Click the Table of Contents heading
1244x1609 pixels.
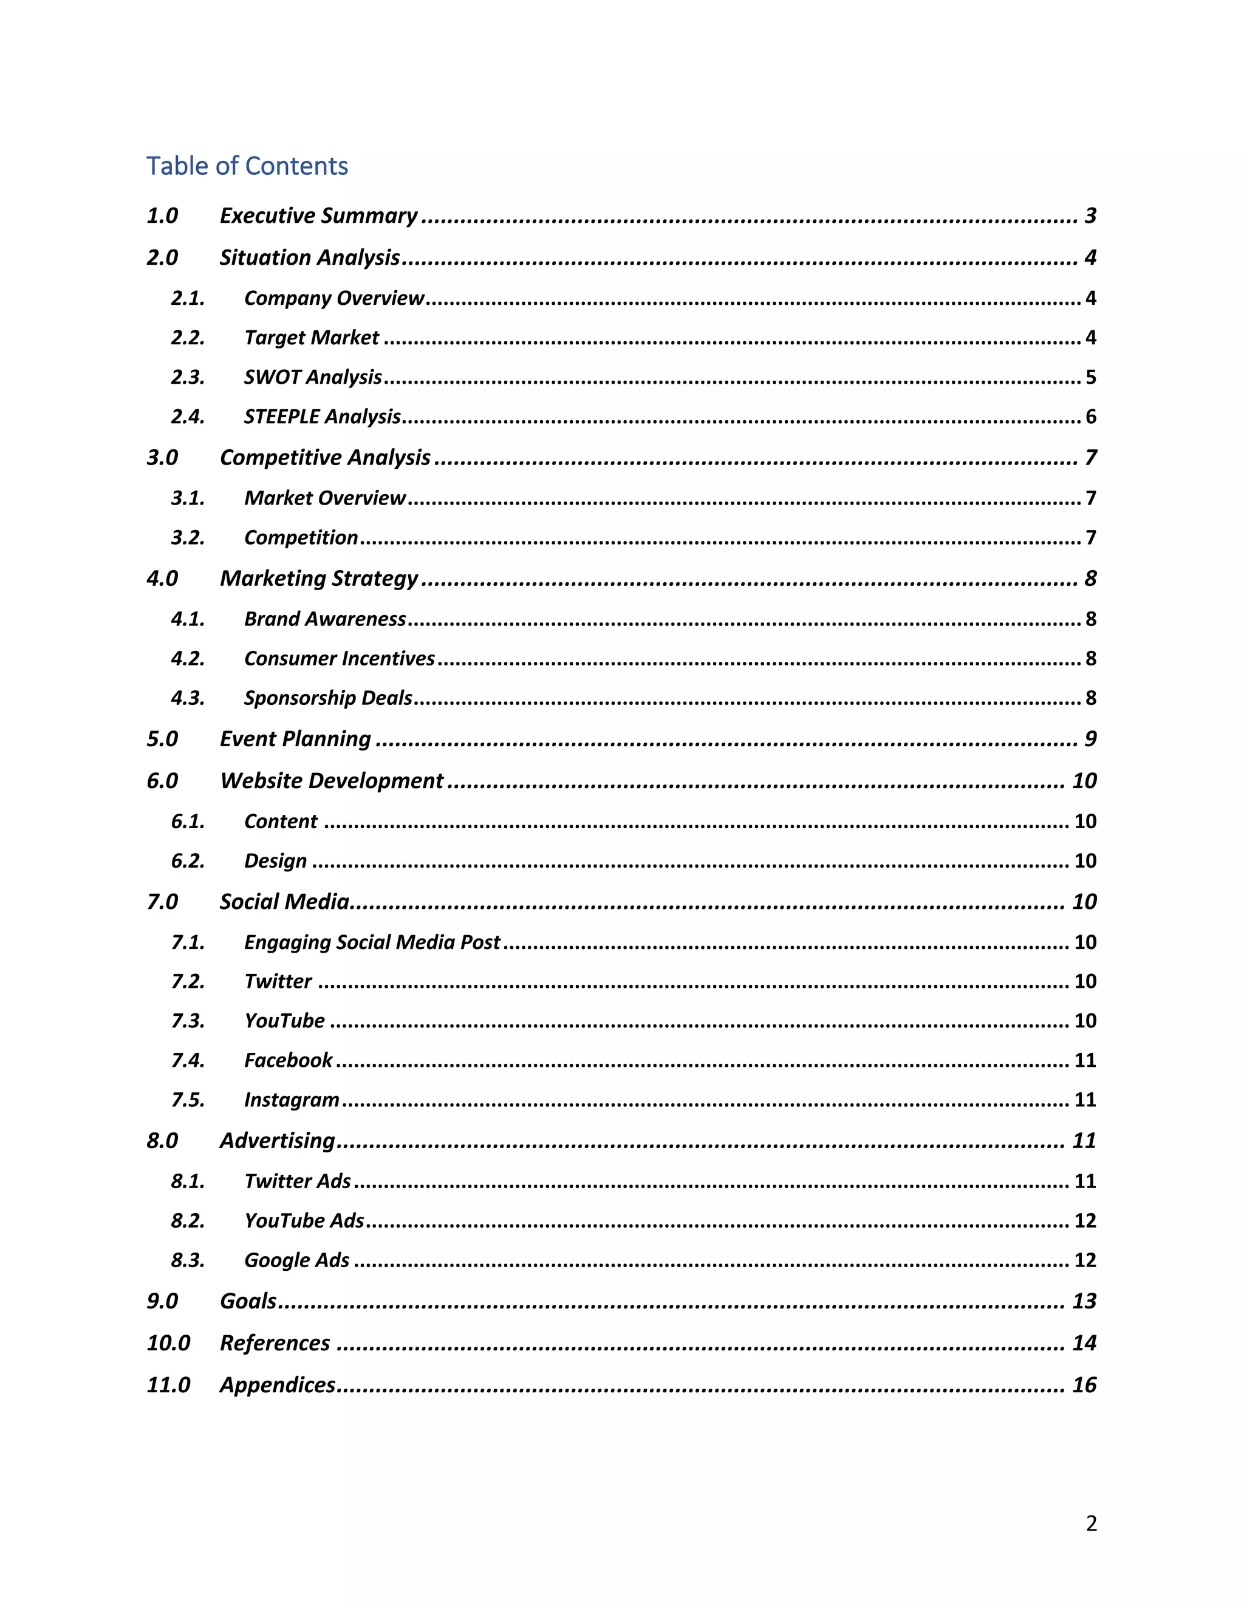point(247,166)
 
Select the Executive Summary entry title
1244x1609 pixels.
point(318,215)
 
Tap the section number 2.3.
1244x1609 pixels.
point(187,377)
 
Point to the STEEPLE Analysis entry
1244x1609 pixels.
point(322,417)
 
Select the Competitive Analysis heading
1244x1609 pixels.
point(325,458)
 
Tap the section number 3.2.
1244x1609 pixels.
point(187,538)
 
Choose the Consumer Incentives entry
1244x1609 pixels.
point(339,659)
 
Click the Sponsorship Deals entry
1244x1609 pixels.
point(328,698)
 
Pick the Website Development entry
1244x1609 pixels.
point(332,781)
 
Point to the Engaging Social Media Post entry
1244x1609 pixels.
point(372,942)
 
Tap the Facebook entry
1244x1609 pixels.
point(288,1060)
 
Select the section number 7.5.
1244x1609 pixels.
point(187,1100)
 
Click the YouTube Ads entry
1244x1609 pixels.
point(304,1221)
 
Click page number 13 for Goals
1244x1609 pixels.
point(1084,1301)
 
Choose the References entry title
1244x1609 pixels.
point(275,1343)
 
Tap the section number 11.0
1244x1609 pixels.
point(168,1385)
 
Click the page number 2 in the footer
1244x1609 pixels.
point(1092,1523)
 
